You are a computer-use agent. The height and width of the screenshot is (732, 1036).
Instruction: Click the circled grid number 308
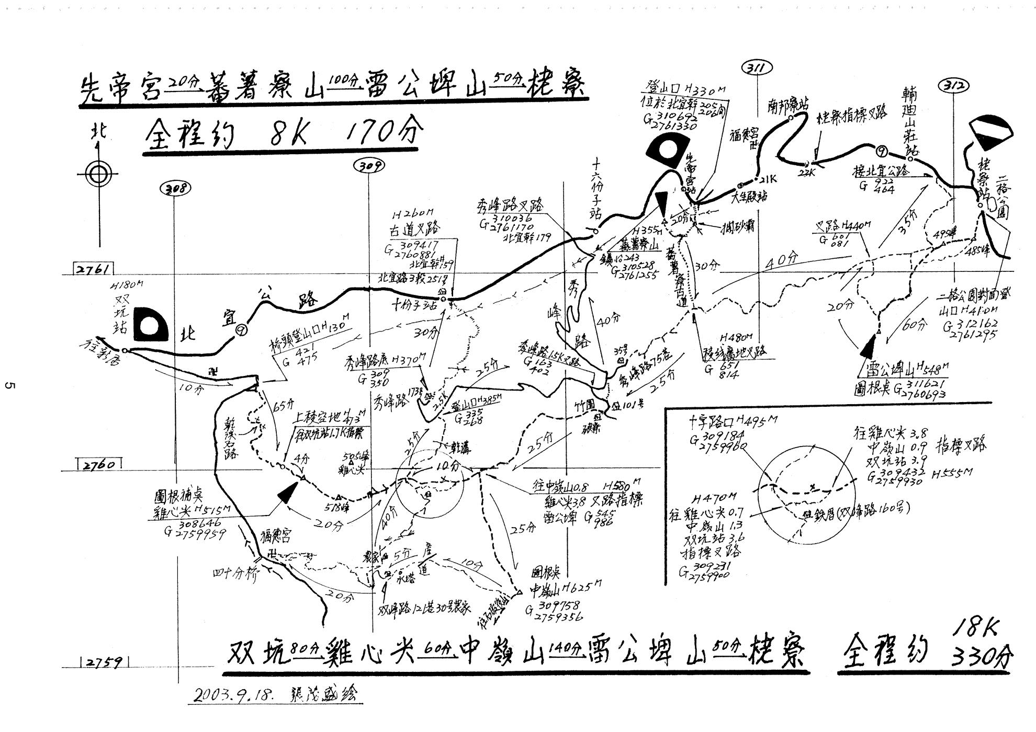coord(175,188)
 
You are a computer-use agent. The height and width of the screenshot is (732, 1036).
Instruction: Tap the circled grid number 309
coord(369,166)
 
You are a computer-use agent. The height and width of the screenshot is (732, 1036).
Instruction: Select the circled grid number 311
coord(757,68)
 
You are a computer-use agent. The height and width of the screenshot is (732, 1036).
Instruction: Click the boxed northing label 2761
coord(93,270)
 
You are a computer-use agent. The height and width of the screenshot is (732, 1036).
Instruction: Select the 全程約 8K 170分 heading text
coord(283,134)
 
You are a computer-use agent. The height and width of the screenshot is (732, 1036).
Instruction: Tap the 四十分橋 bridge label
coord(236,574)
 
